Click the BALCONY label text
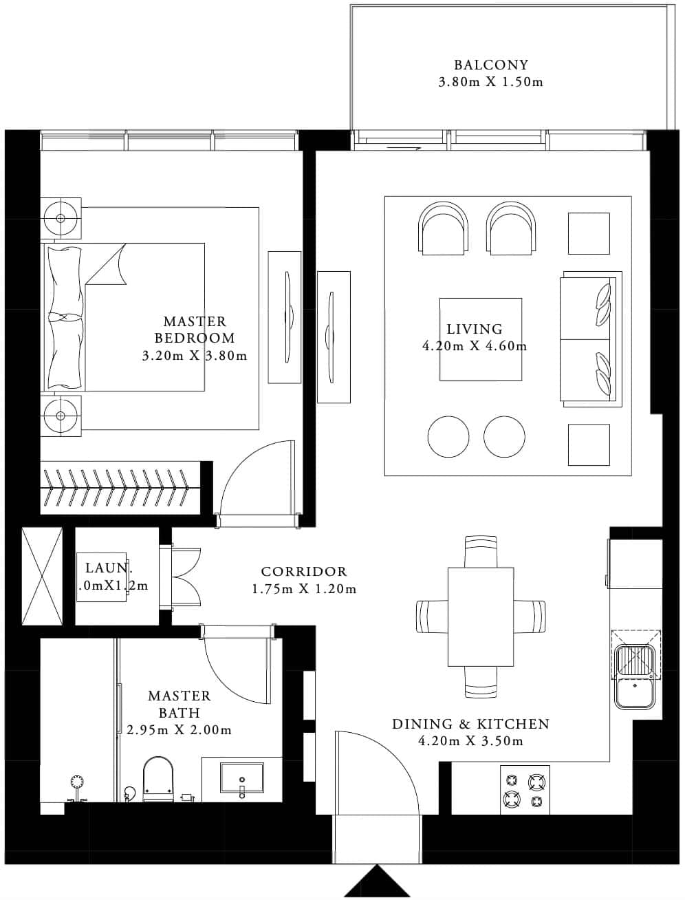(491, 65)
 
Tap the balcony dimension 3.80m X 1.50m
(491, 83)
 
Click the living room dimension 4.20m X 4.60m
(475, 346)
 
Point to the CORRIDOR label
(304, 572)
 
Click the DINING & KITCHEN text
(470, 724)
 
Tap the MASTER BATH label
(179, 704)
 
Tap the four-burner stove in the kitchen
(524, 790)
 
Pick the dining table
(481, 617)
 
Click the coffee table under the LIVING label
(481, 339)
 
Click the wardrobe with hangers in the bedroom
(120, 487)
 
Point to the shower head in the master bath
(77, 782)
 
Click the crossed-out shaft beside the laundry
(42, 576)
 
